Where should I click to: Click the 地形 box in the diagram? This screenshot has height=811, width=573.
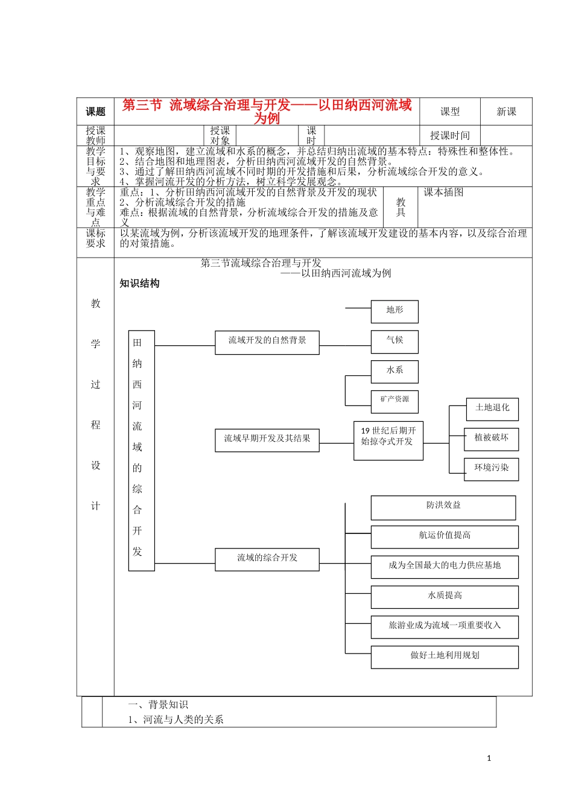coord(394,311)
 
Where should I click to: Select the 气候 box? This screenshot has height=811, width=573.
coord(394,341)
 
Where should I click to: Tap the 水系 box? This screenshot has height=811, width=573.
coord(394,371)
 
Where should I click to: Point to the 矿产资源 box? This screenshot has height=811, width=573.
coord(394,400)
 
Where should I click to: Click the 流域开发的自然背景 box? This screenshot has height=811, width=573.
coord(267,342)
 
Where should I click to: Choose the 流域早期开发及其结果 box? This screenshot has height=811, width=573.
coord(267,439)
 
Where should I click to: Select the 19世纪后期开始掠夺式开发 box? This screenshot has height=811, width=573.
coord(388,440)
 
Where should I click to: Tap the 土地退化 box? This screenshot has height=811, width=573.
coord(492,409)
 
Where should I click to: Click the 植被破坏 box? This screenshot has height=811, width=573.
coord(492,438)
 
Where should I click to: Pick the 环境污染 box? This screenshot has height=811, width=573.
coord(492,468)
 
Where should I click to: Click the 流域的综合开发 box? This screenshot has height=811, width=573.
coord(267,559)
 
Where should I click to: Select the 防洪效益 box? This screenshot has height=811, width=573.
coord(443,507)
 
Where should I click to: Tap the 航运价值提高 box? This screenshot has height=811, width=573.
coord(445,536)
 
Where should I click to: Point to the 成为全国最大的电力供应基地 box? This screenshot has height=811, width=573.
coord(445,567)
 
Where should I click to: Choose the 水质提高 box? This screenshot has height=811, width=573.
coord(445,596)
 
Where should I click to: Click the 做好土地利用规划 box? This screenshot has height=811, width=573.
coord(445,657)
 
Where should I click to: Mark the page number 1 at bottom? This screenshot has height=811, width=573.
coord(489,759)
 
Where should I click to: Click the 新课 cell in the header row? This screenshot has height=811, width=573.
coord(506,112)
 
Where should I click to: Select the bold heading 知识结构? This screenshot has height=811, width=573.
coord(139,284)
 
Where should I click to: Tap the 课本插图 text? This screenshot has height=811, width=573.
coord(443,192)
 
